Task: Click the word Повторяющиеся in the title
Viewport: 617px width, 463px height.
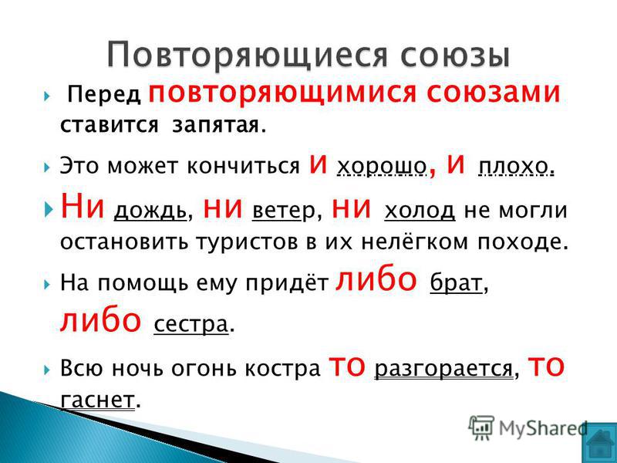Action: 248,55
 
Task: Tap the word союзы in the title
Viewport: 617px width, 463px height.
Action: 455,55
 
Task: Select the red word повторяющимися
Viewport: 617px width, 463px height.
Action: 282,93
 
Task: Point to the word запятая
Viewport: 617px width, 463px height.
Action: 216,126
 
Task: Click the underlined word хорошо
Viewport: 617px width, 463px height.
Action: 382,167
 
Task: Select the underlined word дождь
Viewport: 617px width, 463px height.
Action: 150,211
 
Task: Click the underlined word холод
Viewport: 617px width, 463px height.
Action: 420,211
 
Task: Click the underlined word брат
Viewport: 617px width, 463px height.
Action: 456,282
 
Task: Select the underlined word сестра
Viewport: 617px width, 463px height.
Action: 190,324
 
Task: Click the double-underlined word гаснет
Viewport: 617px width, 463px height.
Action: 98,400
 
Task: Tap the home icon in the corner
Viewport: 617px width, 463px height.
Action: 599,443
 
